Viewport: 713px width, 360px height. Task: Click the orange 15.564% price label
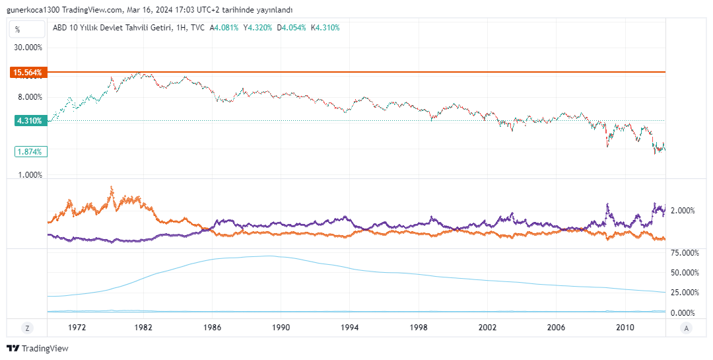[27, 72]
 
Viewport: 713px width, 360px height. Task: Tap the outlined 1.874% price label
[29, 152]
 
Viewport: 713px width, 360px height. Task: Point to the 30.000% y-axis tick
[28, 48]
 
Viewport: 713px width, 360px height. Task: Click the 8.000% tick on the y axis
[30, 96]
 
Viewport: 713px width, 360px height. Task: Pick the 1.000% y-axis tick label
[30, 175]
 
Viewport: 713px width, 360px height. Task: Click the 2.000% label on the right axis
[683, 211]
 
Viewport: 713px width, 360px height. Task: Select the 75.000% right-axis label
[685, 252]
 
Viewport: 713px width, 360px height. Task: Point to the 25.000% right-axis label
[685, 293]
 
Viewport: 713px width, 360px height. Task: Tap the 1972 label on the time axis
[77, 328]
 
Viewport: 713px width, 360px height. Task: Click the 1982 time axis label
[144, 328]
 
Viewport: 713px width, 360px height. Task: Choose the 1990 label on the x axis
[281, 328]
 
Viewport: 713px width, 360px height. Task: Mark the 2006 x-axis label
[557, 328]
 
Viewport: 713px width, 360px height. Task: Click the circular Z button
[27, 328]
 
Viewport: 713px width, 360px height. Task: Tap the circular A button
[687, 328]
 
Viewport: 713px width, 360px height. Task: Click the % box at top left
[18, 29]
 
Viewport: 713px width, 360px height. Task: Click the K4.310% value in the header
[325, 28]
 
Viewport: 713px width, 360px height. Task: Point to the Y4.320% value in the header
[257, 28]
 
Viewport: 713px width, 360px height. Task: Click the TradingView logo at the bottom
[38, 348]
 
